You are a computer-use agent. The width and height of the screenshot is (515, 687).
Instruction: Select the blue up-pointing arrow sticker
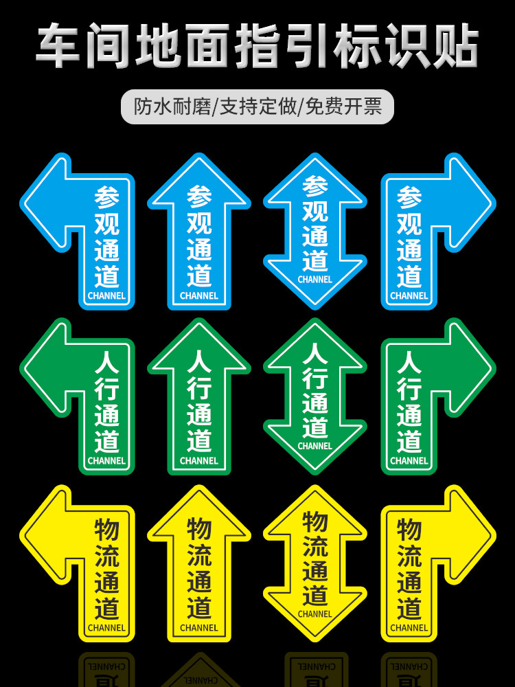coord(199,234)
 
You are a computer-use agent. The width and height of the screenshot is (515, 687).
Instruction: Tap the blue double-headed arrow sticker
coord(315,230)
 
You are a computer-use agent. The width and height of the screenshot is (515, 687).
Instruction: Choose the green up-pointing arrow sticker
coord(199,398)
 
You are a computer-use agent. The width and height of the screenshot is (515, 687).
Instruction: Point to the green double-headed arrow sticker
coord(315,396)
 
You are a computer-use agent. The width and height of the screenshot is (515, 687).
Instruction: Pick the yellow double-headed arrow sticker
coord(315,563)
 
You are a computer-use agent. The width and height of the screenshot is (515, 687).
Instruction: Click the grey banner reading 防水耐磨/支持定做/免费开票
coord(258,106)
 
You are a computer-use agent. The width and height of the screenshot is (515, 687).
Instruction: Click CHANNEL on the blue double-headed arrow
coord(315,280)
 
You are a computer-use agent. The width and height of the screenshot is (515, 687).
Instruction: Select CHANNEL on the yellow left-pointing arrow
coord(107,628)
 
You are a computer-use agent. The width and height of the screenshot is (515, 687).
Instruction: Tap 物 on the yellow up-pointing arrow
coord(199,530)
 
